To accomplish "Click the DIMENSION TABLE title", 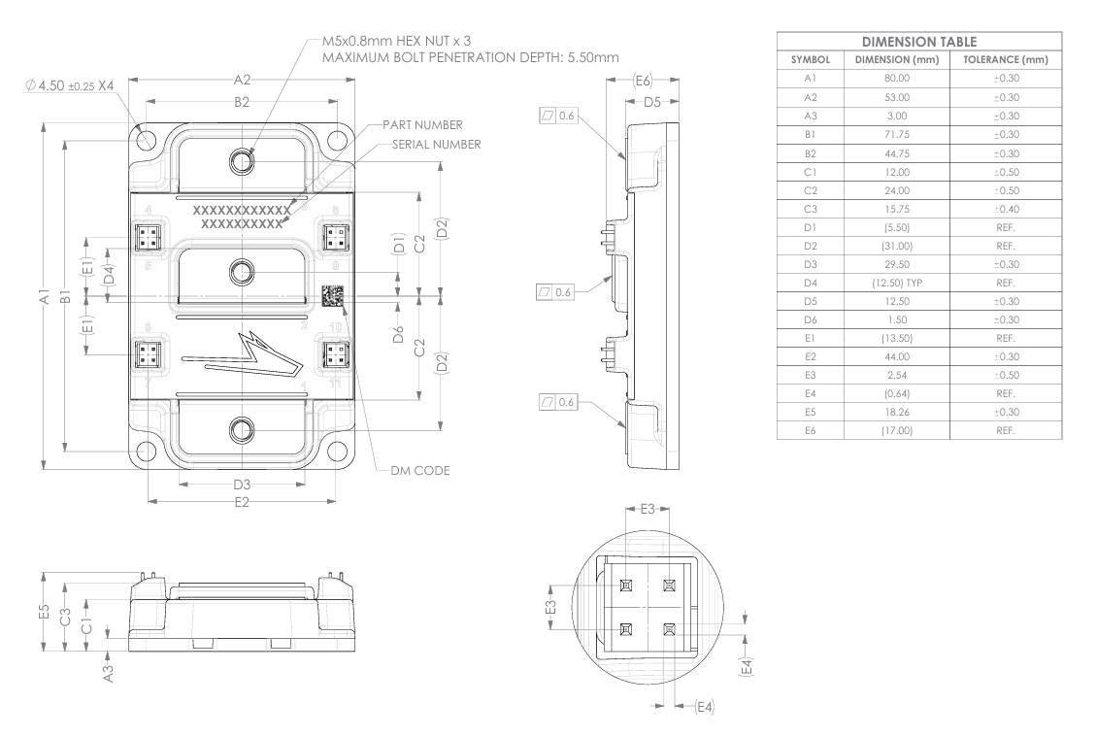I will tap(919, 42).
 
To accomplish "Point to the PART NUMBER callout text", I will tap(422, 125).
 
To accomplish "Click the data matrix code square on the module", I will tap(332, 297).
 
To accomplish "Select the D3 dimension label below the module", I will tap(243, 484).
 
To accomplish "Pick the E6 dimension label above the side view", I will tap(642, 82).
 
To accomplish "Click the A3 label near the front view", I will tap(109, 672).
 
